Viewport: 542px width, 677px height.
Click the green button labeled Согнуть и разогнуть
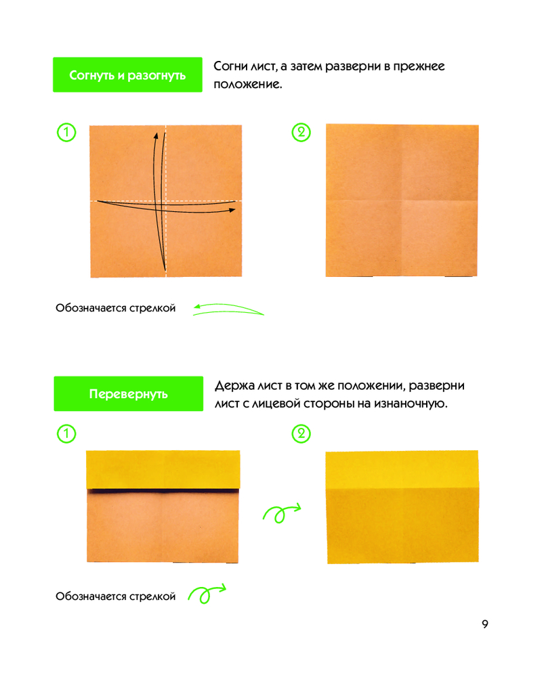point(127,74)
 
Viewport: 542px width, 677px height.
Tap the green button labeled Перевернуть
point(128,393)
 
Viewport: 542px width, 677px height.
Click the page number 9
point(485,624)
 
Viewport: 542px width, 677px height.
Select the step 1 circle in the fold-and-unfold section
point(66,132)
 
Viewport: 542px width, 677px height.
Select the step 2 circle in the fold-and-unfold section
point(301,132)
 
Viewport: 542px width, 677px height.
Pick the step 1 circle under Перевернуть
point(66,433)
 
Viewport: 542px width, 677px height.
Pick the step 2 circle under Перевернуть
point(301,433)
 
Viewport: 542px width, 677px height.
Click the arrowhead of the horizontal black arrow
point(232,210)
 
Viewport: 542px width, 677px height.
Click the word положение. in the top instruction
point(248,84)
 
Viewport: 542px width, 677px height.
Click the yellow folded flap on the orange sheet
point(163,470)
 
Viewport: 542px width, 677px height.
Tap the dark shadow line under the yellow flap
point(163,491)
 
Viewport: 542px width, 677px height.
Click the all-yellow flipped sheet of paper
point(402,507)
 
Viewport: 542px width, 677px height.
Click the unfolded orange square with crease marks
point(402,200)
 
